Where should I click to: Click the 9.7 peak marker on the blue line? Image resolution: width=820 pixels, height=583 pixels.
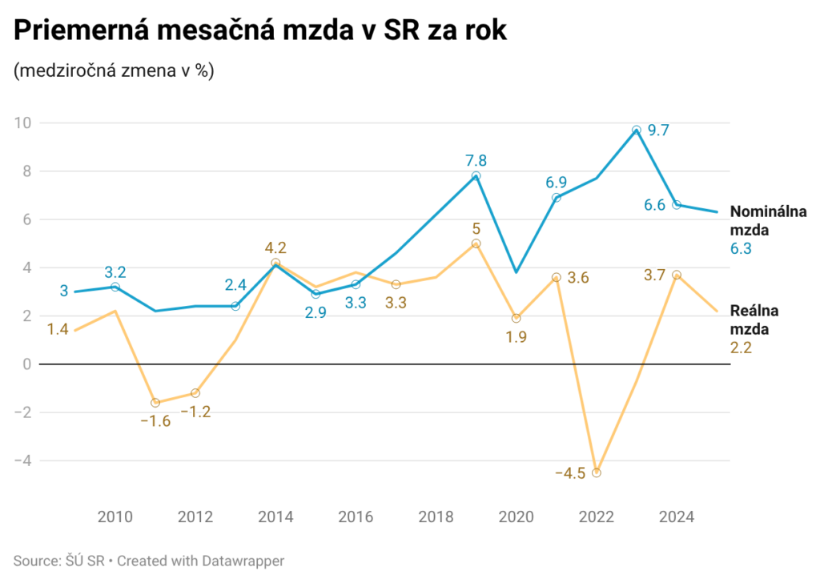[636, 130]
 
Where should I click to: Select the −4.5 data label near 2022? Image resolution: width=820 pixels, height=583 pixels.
[570, 472]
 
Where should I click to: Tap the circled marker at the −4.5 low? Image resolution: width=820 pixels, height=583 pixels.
[596, 472]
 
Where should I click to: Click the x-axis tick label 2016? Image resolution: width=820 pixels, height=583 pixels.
[356, 517]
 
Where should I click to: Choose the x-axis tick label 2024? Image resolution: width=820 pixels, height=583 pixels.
[676, 517]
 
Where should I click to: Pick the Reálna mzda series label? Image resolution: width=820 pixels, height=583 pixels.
[754, 320]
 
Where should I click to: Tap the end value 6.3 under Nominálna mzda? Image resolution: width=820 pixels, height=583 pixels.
[741, 249]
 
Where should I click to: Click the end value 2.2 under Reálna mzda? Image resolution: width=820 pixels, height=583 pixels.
[741, 347]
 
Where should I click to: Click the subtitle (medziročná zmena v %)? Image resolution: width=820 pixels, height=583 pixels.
[113, 70]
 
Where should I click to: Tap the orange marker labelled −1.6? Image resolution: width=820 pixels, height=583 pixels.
[155, 403]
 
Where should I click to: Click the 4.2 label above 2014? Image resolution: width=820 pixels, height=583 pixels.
[275, 247]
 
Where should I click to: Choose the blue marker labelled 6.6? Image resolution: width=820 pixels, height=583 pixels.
[676, 205]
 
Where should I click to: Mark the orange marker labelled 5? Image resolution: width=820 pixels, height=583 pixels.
[476, 243]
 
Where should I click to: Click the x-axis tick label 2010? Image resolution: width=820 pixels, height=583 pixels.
[115, 517]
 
